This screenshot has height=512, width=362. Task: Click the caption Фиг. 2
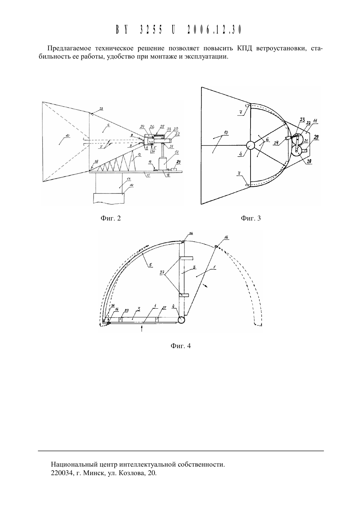[x=110, y=218]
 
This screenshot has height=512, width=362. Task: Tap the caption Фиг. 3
[x=251, y=218]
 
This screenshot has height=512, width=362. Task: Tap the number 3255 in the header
[x=151, y=30]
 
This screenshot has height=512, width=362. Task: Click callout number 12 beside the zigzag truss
[x=139, y=155]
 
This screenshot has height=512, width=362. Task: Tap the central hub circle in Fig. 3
[x=250, y=145]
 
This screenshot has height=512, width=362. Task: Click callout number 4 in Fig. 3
[x=240, y=154]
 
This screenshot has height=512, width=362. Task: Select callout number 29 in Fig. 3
[x=316, y=137]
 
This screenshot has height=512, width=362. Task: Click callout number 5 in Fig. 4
[x=150, y=265]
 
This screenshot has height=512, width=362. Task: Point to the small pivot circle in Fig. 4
[x=181, y=320]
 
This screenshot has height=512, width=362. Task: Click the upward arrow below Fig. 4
[x=142, y=328]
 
